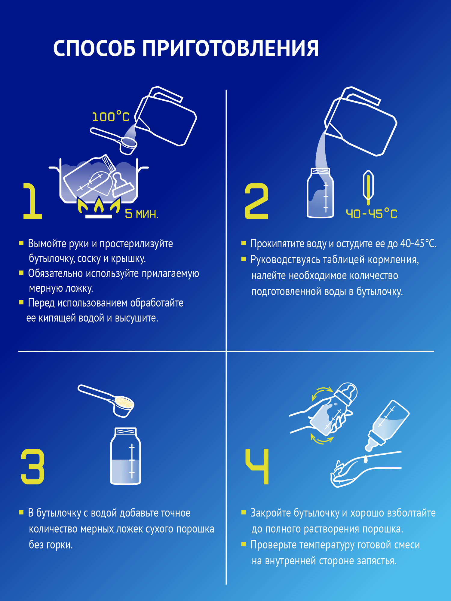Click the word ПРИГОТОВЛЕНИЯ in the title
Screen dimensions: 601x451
tap(230, 49)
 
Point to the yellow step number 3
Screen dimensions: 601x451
tap(32, 466)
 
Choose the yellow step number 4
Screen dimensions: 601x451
tap(257, 466)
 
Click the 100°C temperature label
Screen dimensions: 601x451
tap(111, 117)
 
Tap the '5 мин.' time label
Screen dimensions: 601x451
tap(142, 214)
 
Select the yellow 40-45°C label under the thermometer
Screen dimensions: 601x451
tap(372, 214)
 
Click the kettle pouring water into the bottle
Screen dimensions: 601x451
tap(361, 123)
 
